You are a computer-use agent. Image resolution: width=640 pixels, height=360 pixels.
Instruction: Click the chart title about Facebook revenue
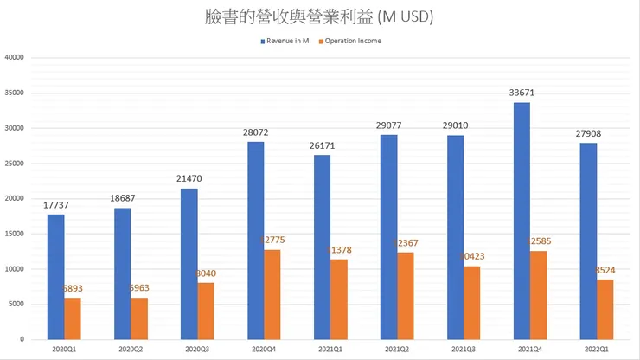coord(319,16)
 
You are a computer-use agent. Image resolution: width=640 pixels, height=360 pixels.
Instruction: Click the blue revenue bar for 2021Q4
coord(522,221)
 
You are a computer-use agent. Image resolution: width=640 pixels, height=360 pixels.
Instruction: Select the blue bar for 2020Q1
coord(55,277)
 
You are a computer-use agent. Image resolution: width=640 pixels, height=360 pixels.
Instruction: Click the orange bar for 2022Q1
coord(605,310)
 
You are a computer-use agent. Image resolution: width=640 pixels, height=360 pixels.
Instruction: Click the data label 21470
coord(189,178)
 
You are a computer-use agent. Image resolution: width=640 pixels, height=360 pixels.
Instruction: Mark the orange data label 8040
coord(207,273)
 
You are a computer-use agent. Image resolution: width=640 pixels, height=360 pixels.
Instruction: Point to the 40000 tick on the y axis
coord(14,58)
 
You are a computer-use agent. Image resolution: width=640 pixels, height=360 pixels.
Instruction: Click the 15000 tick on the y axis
coord(14,234)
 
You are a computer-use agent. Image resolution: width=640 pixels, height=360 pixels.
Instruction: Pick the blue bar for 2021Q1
coord(322,247)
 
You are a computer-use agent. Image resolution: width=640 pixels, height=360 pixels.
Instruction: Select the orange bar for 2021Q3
coord(471,303)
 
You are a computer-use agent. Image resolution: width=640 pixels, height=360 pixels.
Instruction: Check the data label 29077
coord(388,125)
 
